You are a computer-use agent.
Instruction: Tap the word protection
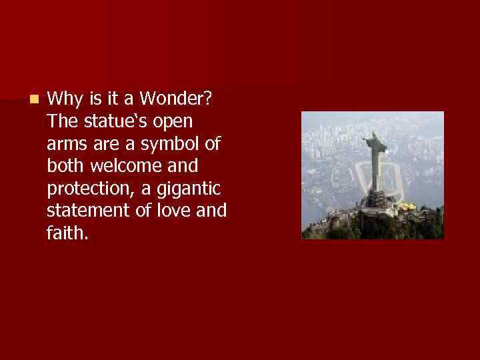click(x=90, y=189)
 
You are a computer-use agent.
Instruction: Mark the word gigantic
click(x=197, y=189)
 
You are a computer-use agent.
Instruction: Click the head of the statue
click(x=375, y=135)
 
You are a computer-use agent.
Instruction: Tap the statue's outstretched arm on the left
click(x=365, y=141)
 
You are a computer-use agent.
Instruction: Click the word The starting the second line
click(x=63, y=123)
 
